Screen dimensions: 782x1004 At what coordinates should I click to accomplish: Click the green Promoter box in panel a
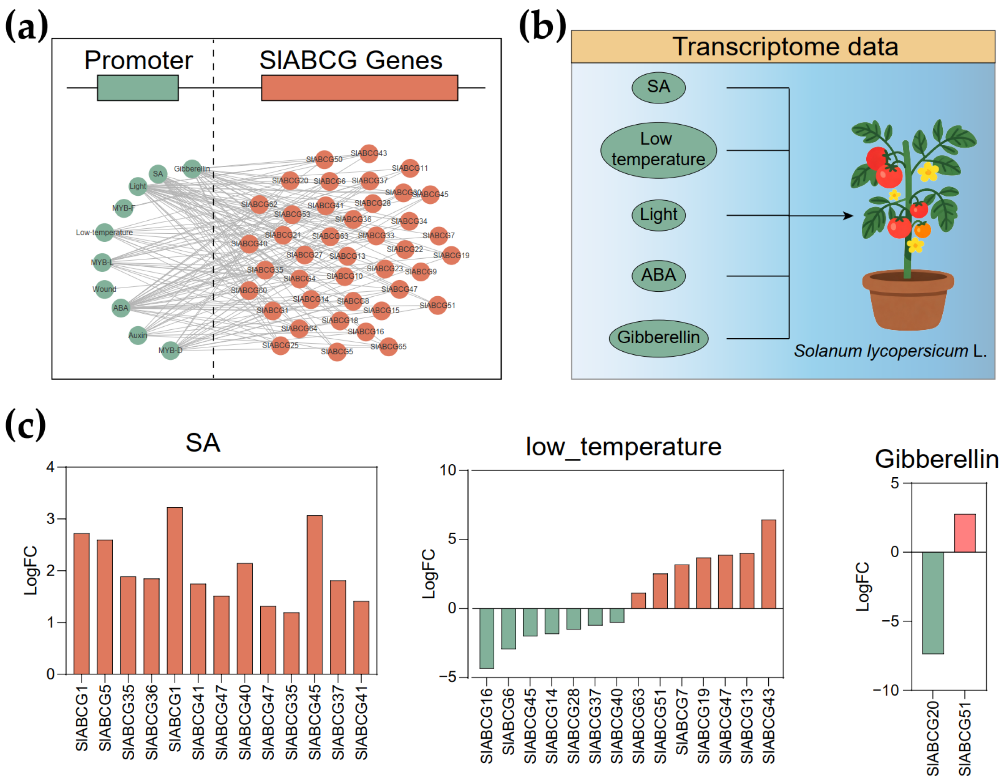pos(137,88)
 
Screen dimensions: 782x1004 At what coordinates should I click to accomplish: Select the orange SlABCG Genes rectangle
pos(359,88)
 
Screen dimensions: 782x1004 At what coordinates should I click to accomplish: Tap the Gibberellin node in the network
pos(192,169)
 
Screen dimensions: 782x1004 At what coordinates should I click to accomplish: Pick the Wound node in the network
pos(104,289)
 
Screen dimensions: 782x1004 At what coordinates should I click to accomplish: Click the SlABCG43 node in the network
pos(369,153)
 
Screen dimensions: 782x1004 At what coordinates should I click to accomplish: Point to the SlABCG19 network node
pos(451,256)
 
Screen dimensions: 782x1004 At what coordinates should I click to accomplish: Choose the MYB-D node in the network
pos(170,351)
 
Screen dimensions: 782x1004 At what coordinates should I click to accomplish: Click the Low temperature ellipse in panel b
pos(658,150)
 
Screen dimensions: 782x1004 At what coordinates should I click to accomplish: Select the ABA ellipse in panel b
pos(658,276)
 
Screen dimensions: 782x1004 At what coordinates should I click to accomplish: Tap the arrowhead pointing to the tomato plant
pos(848,215)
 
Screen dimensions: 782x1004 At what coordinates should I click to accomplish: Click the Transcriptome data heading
pos(785,47)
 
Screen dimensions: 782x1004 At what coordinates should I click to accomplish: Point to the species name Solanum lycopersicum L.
pos(890,351)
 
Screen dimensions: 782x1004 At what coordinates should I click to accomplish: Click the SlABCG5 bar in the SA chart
pos(105,606)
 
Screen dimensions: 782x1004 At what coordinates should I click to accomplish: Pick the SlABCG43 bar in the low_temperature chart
pos(769,564)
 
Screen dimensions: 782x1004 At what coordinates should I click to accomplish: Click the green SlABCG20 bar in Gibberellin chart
pos(933,602)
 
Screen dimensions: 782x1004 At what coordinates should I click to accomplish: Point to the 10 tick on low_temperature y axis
pos(448,470)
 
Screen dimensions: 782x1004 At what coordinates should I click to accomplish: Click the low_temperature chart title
pos(623,446)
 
